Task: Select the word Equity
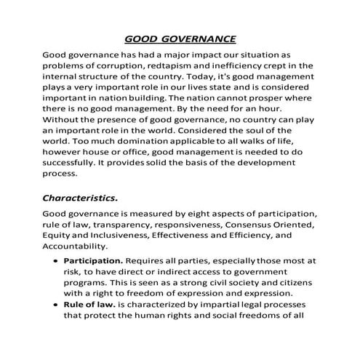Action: coord(57,236)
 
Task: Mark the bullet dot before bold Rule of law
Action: coord(55,304)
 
